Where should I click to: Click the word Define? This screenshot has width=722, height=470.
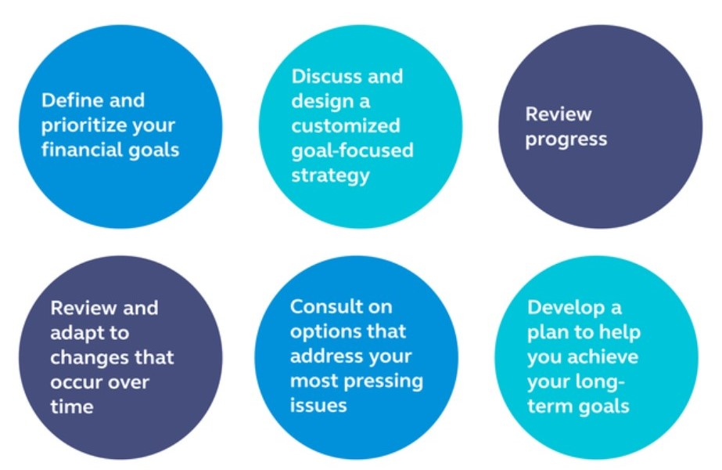(72, 100)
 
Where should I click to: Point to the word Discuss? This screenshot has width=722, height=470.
(326, 76)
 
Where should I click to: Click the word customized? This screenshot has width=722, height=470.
(345, 126)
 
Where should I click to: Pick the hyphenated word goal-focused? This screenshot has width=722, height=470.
(352, 151)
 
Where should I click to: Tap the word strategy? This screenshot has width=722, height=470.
(331, 176)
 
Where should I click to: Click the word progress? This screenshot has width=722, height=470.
(566, 140)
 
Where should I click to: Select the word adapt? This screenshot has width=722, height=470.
(77, 334)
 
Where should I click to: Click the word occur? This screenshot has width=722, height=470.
(74, 383)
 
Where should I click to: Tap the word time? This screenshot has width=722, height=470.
(72, 407)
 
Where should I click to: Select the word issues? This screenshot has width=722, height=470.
(318, 406)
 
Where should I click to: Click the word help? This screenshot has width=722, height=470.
(621, 333)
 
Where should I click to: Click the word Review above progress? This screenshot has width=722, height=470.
(559, 114)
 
